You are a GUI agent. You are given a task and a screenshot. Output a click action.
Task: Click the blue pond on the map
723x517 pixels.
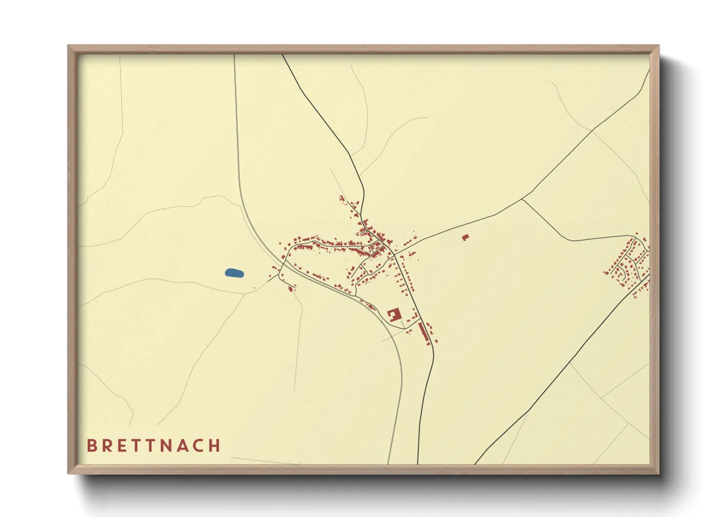234,273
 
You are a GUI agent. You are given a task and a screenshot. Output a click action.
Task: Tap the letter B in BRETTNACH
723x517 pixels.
91,446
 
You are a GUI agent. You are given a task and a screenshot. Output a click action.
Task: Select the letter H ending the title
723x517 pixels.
214,446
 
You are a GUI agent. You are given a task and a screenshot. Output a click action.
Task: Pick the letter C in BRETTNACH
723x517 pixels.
198,446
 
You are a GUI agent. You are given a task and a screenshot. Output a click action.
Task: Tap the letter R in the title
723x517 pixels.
106,446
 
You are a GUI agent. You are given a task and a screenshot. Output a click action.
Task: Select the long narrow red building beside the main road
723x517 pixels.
423,331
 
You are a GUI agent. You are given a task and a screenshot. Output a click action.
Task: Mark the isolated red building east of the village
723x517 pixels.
465,237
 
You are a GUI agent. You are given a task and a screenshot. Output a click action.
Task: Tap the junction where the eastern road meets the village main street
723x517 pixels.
394,254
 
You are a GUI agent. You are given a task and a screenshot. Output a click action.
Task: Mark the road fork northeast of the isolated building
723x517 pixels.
522,199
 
